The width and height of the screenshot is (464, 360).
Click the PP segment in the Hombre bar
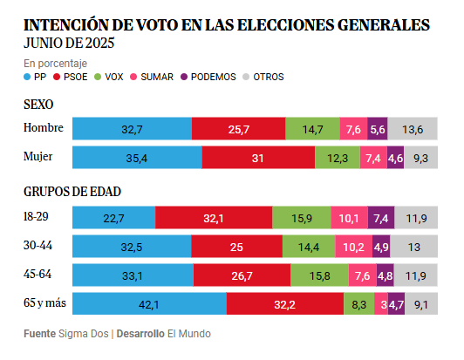click(x=132, y=129)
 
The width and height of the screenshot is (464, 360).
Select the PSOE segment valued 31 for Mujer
click(x=258, y=158)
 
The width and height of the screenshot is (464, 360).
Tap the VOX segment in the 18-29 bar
click(x=301, y=218)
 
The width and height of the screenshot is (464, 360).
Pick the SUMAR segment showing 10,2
click(x=355, y=247)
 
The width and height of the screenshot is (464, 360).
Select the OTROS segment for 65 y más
click(x=421, y=305)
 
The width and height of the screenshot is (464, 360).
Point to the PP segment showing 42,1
click(x=149, y=305)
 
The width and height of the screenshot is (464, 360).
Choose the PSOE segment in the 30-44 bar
click(x=237, y=247)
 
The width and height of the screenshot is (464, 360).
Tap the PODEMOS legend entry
click(x=207, y=77)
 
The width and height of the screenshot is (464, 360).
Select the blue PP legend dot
click(x=27, y=77)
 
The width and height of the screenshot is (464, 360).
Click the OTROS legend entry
click(x=262, y=77)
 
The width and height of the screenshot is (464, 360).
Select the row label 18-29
click(x=37, y=217)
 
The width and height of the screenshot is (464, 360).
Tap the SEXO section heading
click(x=39, y=105)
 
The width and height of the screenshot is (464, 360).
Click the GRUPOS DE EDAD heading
click(x=72, y=191)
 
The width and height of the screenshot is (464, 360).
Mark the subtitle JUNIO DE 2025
click(x=68, y=43)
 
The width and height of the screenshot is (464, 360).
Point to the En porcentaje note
click(x=55, y=63)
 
